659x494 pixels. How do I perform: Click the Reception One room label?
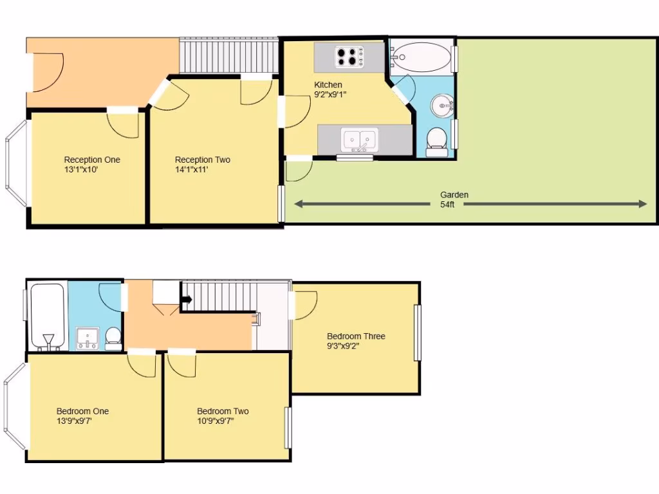tap(92, 160)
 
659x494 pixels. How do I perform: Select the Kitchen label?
tap(328, 85)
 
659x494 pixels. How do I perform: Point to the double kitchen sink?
tap(360, 139)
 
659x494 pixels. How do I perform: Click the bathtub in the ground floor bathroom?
tap(422, 57)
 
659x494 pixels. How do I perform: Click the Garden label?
tap(454, 195)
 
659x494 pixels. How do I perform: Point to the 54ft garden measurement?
tap(447, 205)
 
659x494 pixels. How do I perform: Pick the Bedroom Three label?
tap(356, 336)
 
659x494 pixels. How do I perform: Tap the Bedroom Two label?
tap(223, 411)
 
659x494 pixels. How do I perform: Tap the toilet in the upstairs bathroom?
tap(113, 338)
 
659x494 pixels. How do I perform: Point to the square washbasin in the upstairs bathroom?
tap(88, 338)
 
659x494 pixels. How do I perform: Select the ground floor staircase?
tap(228, 56)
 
